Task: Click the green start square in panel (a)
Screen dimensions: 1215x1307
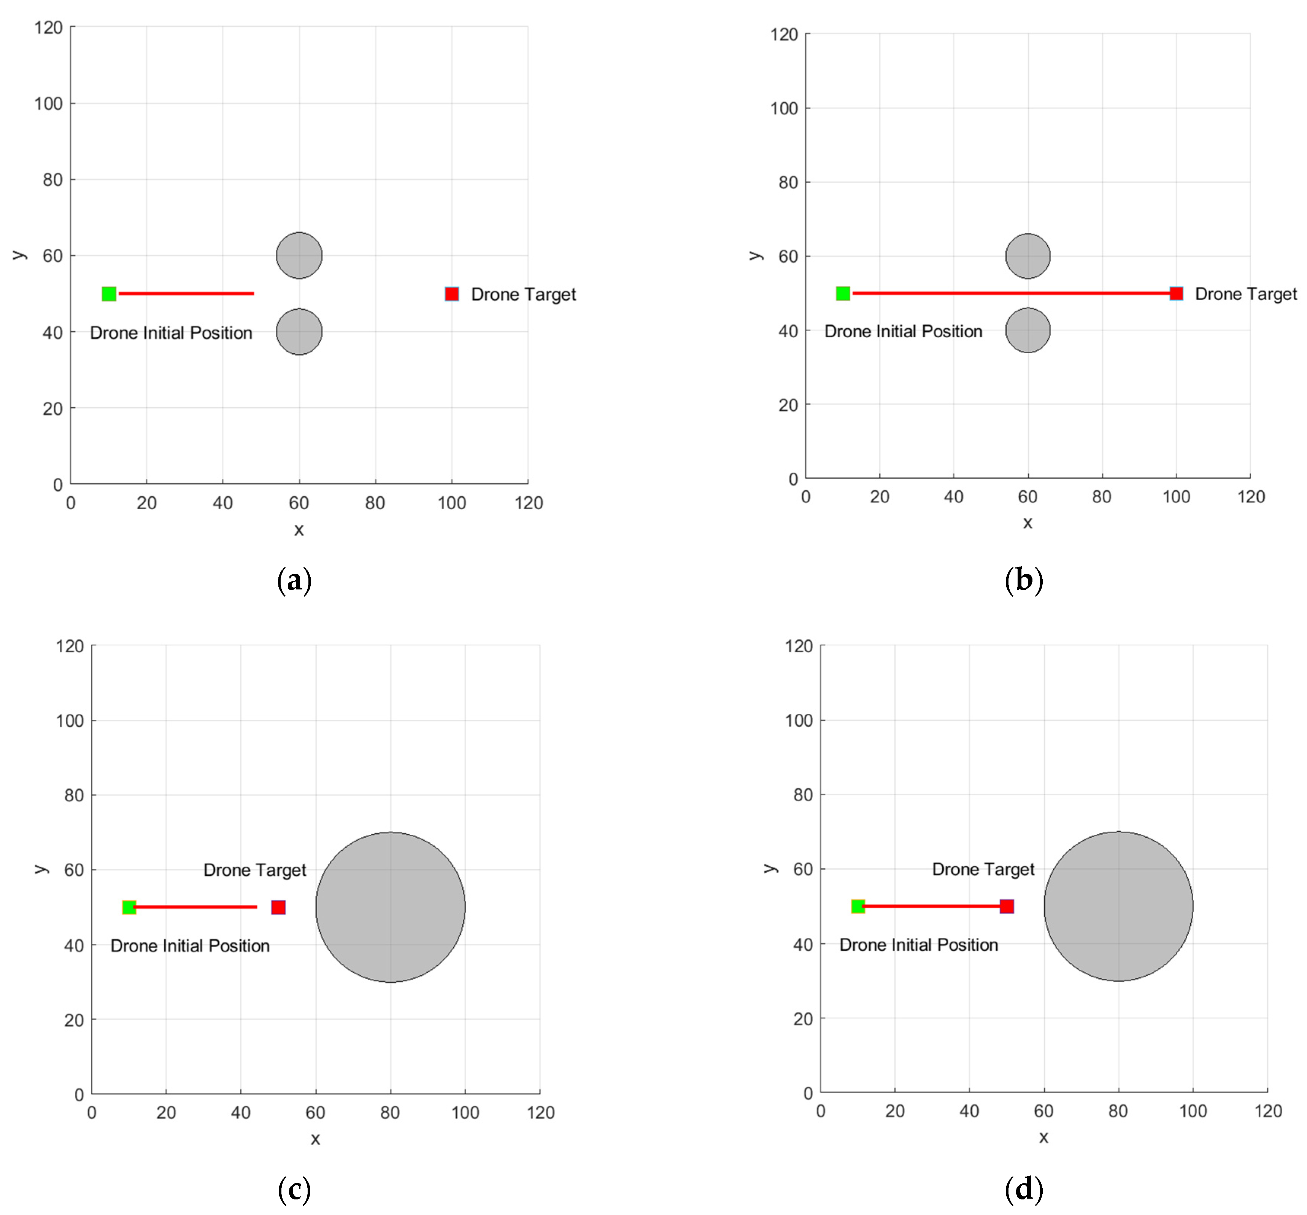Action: point(109,294)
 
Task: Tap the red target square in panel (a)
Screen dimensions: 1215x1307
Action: point(452,294)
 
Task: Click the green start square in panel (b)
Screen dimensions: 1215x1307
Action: point(843,293)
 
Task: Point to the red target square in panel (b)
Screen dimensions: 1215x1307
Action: point(1176,293)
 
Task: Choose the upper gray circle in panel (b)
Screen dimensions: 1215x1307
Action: point(1027,256)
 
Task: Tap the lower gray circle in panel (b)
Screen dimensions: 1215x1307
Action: point(1027,330)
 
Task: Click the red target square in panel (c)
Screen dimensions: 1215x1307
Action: point(278,907)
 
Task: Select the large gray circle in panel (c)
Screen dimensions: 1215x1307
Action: point(391,907)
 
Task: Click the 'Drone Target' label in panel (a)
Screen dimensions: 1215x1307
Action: point(523,295)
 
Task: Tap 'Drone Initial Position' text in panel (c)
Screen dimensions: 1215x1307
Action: point(190,946)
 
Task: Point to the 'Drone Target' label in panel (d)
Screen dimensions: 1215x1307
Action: point(983,870)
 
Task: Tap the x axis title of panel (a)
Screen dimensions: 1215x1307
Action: point(299,530)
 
